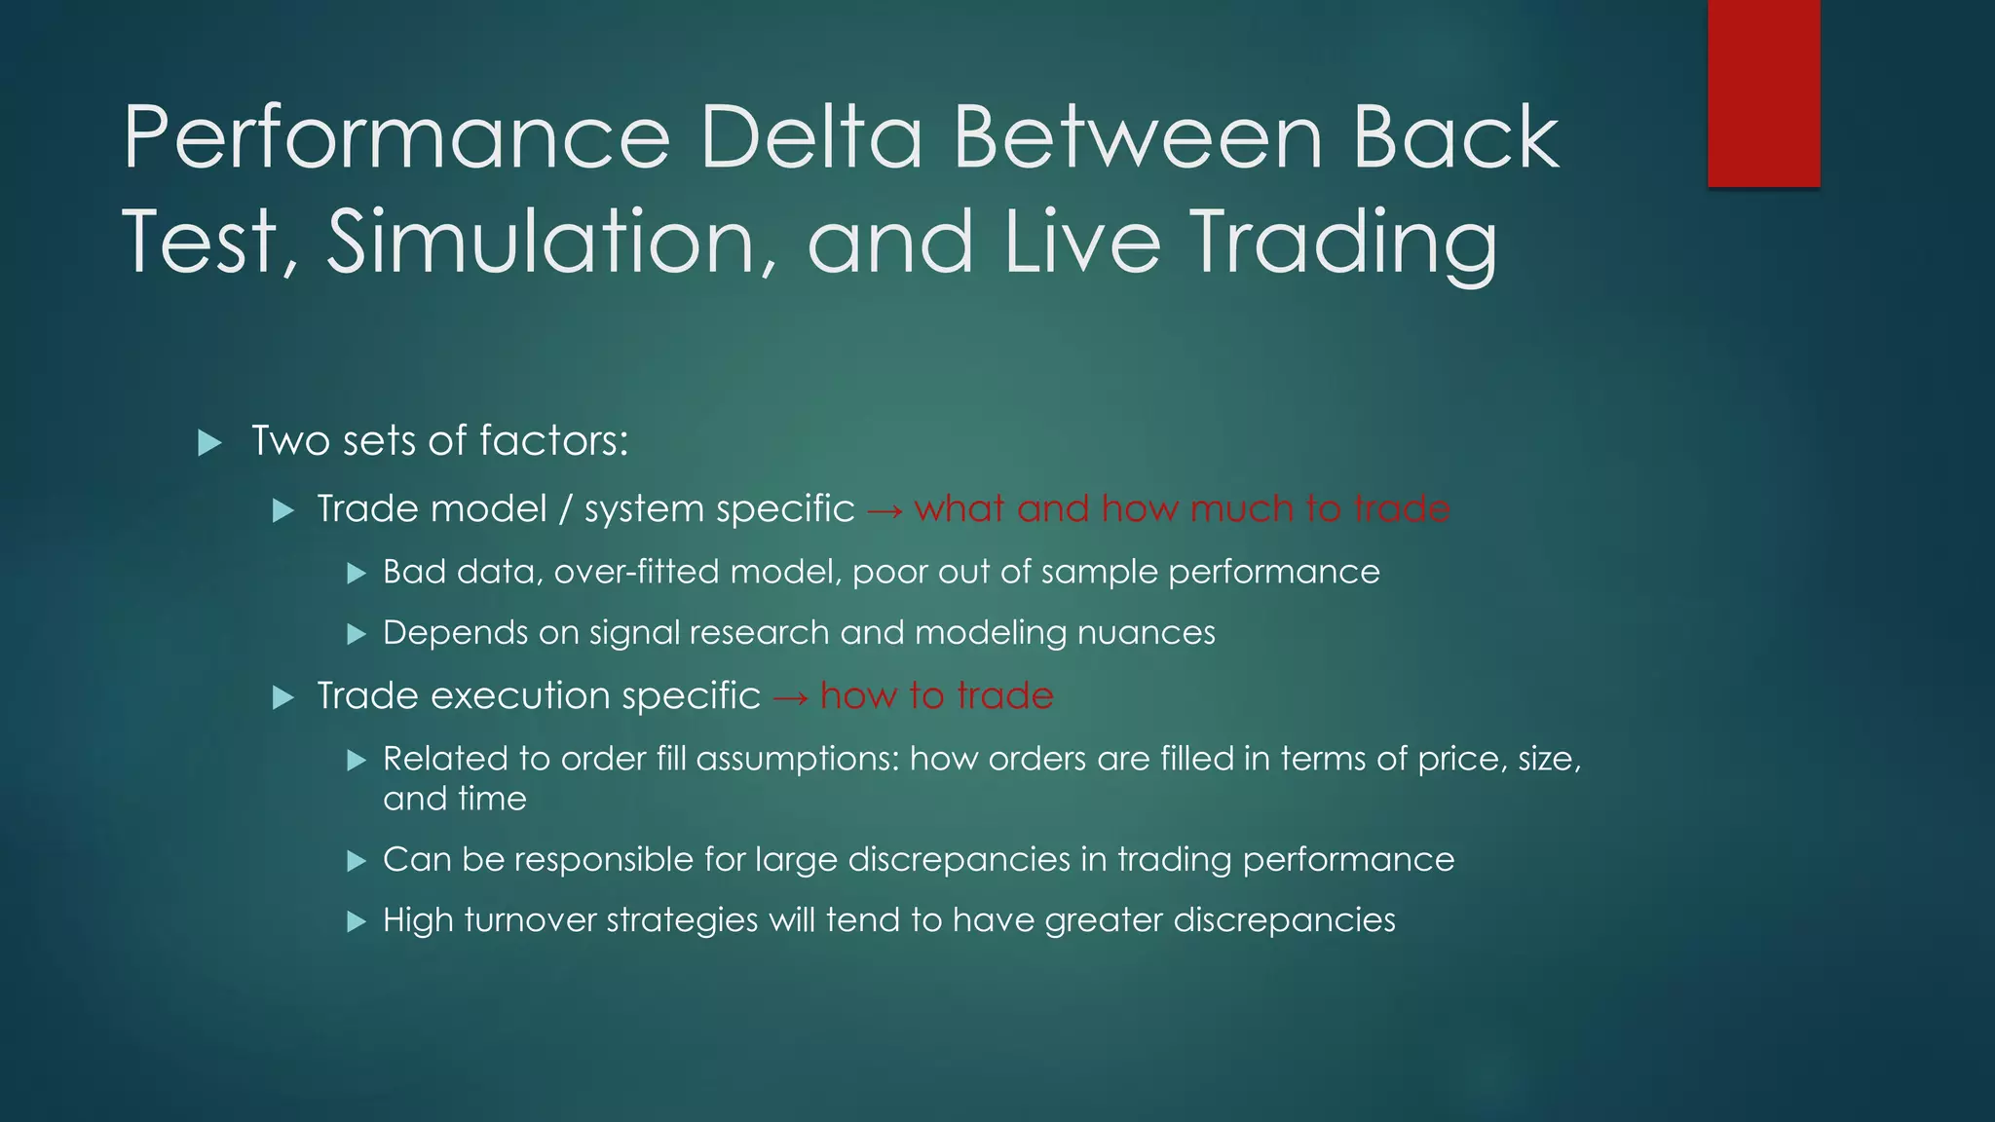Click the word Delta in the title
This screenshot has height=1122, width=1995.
(x=810, y=137)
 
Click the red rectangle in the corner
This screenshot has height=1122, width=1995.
(x=1763, y=93)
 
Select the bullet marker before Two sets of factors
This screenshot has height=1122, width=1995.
(x=209, y=443)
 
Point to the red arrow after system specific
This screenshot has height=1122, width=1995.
(x=884, y=509)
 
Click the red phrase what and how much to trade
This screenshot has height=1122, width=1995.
(x=1182, y=508)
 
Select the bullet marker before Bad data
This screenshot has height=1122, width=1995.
(x=357, y=574)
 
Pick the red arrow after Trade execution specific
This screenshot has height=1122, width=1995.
(x=790, y=697)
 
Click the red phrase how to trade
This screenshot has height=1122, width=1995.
(x=936, y=696)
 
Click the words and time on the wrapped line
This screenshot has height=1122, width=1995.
(x=455, y=799)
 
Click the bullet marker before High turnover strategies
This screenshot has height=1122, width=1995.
(x=357, y=921)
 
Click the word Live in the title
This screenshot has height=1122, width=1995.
(x=1082, y=242)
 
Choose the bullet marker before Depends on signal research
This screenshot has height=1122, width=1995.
(x=357, y=635)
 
